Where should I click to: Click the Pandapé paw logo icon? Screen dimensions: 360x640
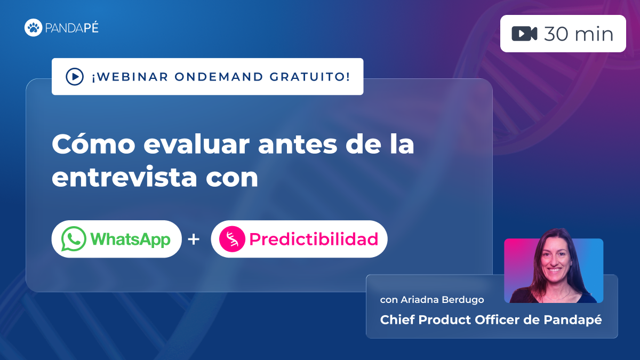point(33,28)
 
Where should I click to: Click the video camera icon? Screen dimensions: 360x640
point(524,34)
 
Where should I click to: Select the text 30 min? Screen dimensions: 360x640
point(578,34)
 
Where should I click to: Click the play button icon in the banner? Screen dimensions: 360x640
point(74,77)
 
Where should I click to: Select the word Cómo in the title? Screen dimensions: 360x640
point(91,145)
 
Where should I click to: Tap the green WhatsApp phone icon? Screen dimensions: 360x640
point(74,239)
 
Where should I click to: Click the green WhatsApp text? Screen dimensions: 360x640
point(130,239)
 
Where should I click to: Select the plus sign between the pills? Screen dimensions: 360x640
point(194,239)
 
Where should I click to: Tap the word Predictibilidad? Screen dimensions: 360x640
point(314,239)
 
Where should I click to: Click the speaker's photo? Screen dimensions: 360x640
point(554,269)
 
